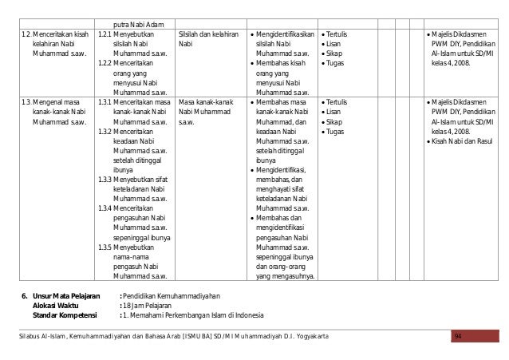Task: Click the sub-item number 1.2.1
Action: coord(104,34)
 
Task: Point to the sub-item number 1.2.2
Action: coord(104,62)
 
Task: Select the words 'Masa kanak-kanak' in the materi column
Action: coord(208,103)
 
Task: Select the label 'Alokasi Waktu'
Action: coord(55,303)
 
